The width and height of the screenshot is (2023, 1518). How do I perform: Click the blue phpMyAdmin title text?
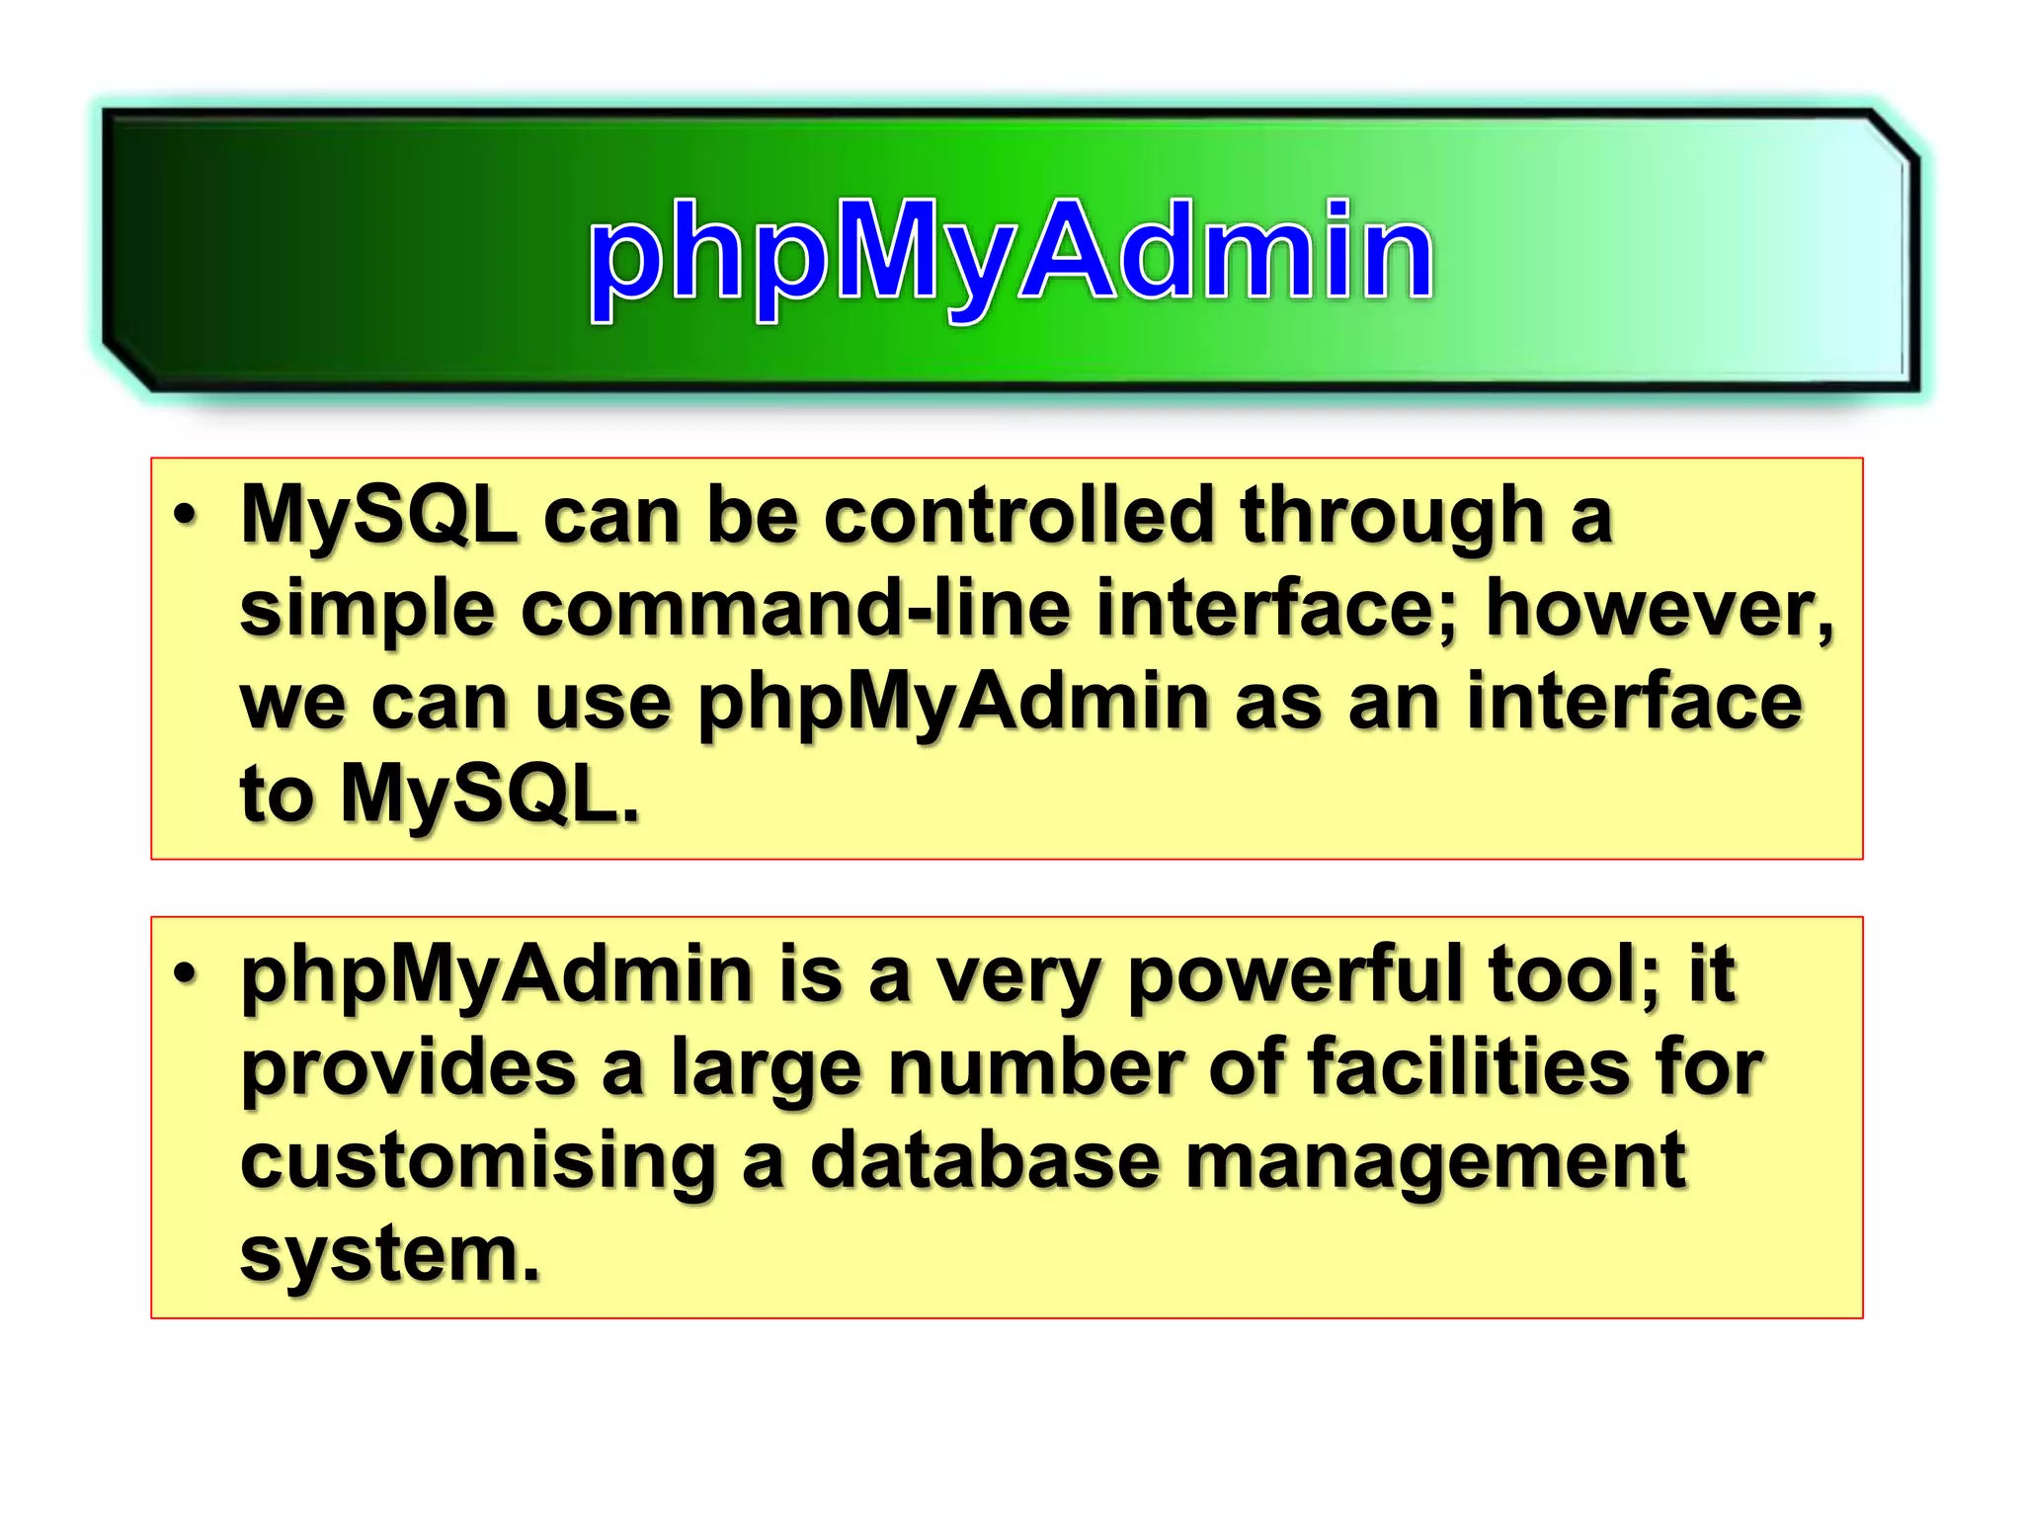pos(1011,251)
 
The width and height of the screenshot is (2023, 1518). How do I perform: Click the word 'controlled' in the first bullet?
pos(1018,516)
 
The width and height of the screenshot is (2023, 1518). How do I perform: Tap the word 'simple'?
pos(366,611)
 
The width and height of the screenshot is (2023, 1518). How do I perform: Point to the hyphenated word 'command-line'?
pos(795,609)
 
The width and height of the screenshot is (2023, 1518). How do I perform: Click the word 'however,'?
pos(1659,609)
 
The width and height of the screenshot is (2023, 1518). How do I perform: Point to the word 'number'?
pos(1035,1067)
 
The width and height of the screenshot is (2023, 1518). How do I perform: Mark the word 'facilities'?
pos(1468,1067)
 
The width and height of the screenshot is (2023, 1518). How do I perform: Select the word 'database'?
pos(985,1161)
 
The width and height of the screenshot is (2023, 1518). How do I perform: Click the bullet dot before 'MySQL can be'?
pos(185,516)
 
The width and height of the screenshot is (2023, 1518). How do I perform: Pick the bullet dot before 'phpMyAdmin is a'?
pos(185,974)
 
